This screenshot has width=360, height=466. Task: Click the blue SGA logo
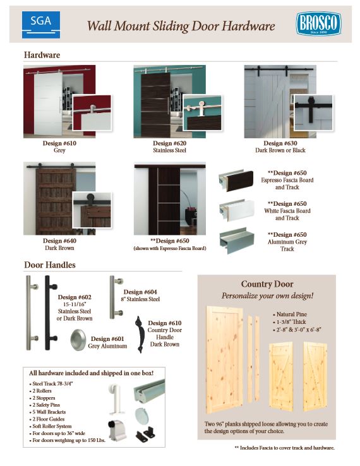pyautogui.click(x=41, y=25)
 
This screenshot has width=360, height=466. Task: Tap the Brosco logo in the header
pyautogui.click(x=318, y=24)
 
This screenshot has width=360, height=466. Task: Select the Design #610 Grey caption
pyautogui.click(x=59, y=146)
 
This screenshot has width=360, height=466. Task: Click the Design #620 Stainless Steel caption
pyautogui.click(x=169, y=146)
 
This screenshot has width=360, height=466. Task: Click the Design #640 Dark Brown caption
pyautogui.click(x=59, y=244)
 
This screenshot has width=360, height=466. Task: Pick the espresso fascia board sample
pyautogui.click(x=236, y=181)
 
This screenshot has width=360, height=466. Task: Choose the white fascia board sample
pyautogui.click(x=237, y=210)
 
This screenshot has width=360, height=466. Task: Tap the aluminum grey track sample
pyautogui.click(x=237, y=241)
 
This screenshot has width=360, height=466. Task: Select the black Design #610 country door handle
pyautogui.click(x=139, y=334)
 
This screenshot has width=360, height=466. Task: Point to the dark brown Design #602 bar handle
pyautogui.click(x=50, y=313)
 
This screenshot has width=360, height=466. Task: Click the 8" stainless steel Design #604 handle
pyautogui.click(x=116, y=297)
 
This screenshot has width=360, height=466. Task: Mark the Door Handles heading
pyautogui.click(x=50, y=265)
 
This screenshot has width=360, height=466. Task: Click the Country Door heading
pyautogui.click(x=267, y=284)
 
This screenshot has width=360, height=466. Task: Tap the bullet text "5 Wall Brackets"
pyautogui.click(x=49, y=412)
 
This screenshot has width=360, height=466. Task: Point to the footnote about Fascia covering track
pyautogui.click(x=284, y=448)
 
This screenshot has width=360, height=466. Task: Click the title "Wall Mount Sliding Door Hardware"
pyautogui.click(x=181, y=26)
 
